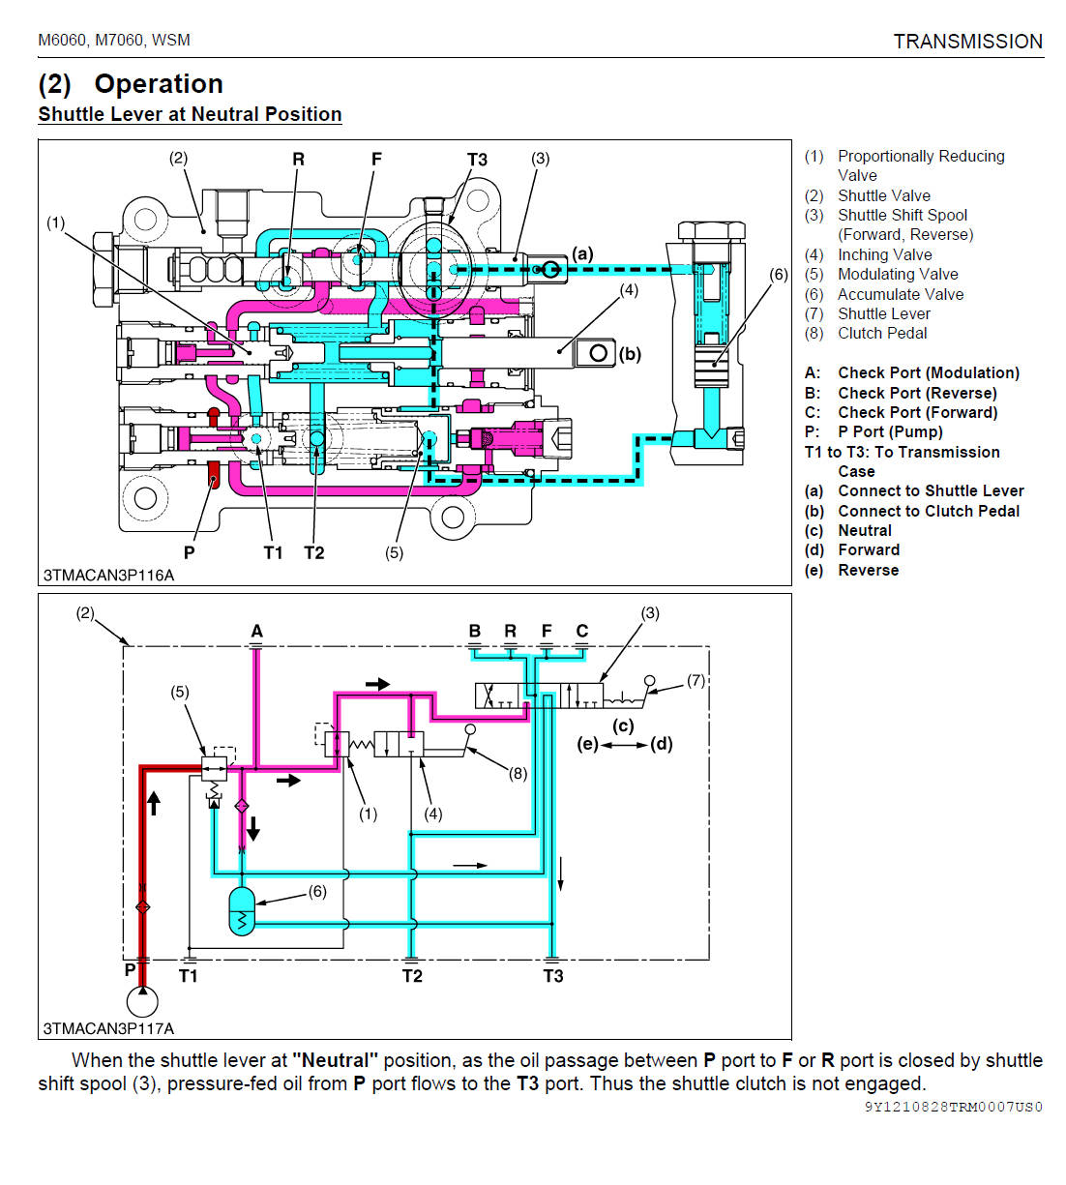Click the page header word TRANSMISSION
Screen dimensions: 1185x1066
[x=967, y=42]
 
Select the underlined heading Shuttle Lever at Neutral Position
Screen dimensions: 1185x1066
[x=190, y=114]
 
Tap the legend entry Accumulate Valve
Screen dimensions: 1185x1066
[x=900, y=294]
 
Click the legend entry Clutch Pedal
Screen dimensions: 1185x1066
[x=881, y=333]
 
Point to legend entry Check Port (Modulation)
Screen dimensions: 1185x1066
[x=928, y=372]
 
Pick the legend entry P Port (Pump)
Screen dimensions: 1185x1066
[x=889, y=431]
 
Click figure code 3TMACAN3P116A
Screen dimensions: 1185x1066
[x=108, y=575]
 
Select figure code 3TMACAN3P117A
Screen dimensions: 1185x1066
[x=108, y=1028]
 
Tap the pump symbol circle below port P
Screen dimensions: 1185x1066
[x=142, y=1000]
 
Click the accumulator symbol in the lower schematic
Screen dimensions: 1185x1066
[x=241, y=911]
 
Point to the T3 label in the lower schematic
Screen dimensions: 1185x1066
[x=553, y=976]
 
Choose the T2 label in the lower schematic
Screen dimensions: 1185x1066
[x=412, y=976]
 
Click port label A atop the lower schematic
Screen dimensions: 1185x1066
[x=256, y=632]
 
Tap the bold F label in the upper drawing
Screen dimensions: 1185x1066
[x=376, y=160]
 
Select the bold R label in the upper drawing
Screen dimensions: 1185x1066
[x=298, y=160]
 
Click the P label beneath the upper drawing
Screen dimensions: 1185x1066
[x=190, y=552]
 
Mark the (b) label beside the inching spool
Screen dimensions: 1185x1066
[x=630, y=354]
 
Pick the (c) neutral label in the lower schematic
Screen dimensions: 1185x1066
[x=623, y=726]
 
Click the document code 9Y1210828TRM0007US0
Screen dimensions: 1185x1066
[x=953, y=1107]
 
